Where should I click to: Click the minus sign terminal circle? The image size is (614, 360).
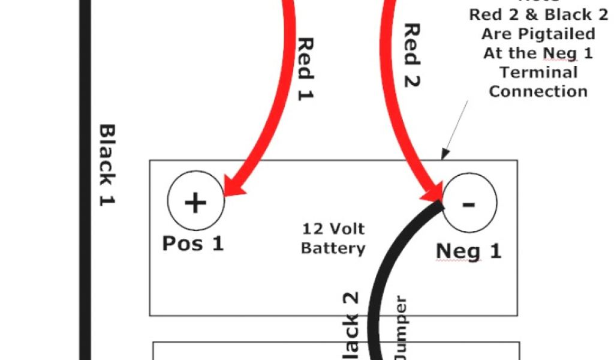pyautogui.click(x=469, y=203)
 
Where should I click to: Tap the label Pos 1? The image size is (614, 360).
pyautogui.click(x=192, y=244)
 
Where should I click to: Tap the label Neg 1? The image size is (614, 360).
pyautogui.click(x=468, y=251)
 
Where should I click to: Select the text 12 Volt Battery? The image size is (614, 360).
pyautogui.click(x=333, y=238)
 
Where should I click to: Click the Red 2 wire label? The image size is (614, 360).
pyautogui.click(x=411, y=55)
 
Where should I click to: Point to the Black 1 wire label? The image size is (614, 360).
pyautogui.click(x=107, y=165)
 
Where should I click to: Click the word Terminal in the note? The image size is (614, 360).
pyautogui.click(x=538, y=73)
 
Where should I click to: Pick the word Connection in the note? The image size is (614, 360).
pyautogui.click(x=538, y=91)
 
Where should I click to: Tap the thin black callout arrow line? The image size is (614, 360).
pyautogui.click(x=456, y=125)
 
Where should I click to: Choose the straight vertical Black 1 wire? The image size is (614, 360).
pyautogui.click(x=85, y=180)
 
